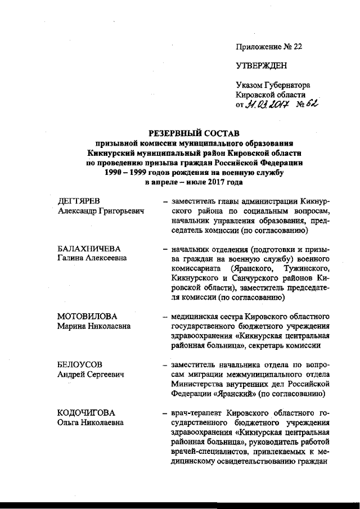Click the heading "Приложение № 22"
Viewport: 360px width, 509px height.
269,47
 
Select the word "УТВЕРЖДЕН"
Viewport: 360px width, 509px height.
262,66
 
